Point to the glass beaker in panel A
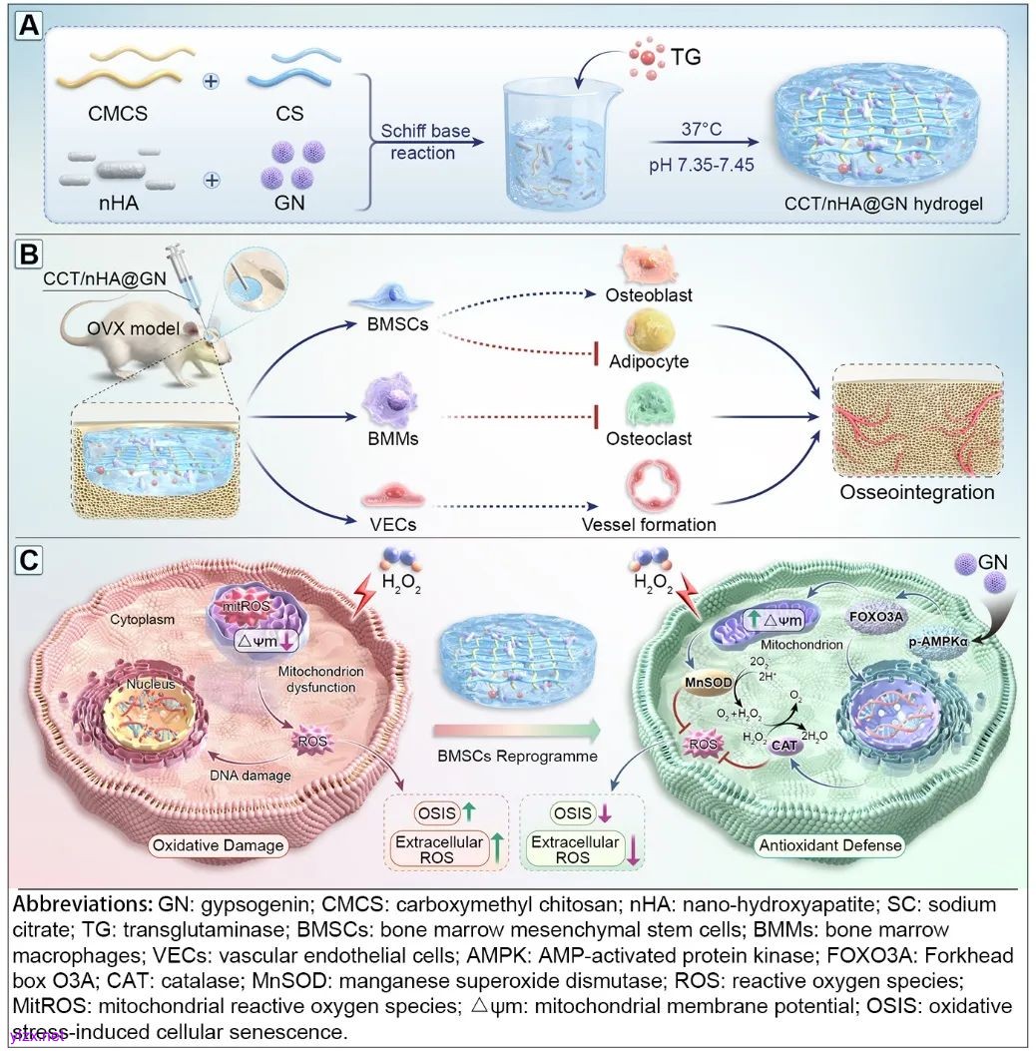point(560,146)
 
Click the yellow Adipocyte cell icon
point(650,329)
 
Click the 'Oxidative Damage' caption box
point(218,845)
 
